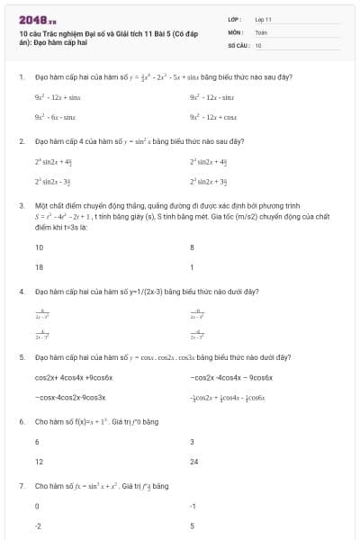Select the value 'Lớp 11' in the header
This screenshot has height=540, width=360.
pos(263,19)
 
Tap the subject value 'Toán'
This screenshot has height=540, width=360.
pos(261,31)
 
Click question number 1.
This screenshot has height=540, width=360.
pos(21,76)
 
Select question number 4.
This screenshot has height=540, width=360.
pos(21,292)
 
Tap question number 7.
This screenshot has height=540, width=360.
pos(21,485)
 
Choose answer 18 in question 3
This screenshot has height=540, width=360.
pos(40,267)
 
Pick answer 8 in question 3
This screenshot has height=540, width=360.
pos(192,247)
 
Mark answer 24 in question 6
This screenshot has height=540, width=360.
pos(194,461)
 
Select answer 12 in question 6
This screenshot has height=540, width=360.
pos(39,461)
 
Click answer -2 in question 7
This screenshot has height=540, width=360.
pos(39,526)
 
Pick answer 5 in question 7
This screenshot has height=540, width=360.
pos(192,526)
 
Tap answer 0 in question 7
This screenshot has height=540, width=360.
pos(37,506)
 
